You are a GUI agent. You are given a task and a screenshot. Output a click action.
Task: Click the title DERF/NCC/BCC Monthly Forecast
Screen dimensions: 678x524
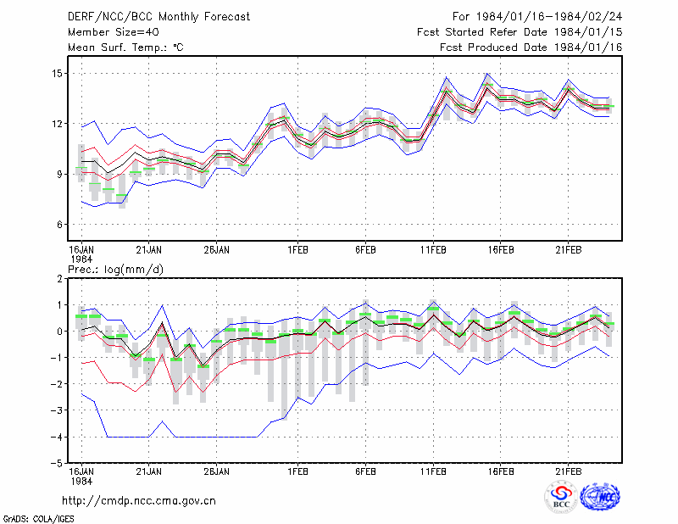(x=158, y=17)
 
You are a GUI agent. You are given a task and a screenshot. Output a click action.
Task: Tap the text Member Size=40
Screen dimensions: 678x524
(x=114, y=32)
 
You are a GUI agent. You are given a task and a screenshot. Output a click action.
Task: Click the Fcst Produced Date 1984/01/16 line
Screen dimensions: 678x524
(x=531, y=47)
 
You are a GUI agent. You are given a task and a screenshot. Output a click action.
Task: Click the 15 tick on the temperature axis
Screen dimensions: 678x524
(x=58, y=74)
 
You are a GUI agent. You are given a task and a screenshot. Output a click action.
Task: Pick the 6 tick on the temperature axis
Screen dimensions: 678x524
(x=59, y=225)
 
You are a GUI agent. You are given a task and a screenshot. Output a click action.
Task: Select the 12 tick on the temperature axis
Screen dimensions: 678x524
(x=58, y=124)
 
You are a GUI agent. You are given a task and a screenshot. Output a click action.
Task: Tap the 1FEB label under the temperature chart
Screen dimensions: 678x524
(x=298, y=250)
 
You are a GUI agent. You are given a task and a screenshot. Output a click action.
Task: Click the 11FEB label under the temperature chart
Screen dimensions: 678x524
(x=433, y=250)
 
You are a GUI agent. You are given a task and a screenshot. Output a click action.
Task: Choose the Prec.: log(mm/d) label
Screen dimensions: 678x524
(x=116, y=270)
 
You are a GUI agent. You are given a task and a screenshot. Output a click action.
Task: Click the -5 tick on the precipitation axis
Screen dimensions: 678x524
(x=57, y=464)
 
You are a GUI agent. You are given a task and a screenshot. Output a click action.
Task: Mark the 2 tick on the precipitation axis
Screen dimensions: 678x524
(x=59, y=279)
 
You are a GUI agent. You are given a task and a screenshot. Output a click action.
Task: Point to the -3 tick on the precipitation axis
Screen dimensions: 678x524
(x=57, y=410)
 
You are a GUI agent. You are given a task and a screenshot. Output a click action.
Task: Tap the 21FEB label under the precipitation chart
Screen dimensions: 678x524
(x=569, y=471)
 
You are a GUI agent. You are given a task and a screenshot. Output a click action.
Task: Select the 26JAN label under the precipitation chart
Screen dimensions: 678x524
(x=217, y=471)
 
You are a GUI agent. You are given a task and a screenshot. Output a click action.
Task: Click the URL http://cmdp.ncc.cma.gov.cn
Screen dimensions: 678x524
(x=139, y=501)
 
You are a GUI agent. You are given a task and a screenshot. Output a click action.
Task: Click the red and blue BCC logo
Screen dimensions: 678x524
(x=561, y=497)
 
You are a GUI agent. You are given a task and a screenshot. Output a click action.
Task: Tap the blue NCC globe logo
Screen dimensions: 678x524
(x=600, y=497)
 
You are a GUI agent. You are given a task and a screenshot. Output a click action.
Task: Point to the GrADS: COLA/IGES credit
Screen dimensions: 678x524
(x=38, y=519)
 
